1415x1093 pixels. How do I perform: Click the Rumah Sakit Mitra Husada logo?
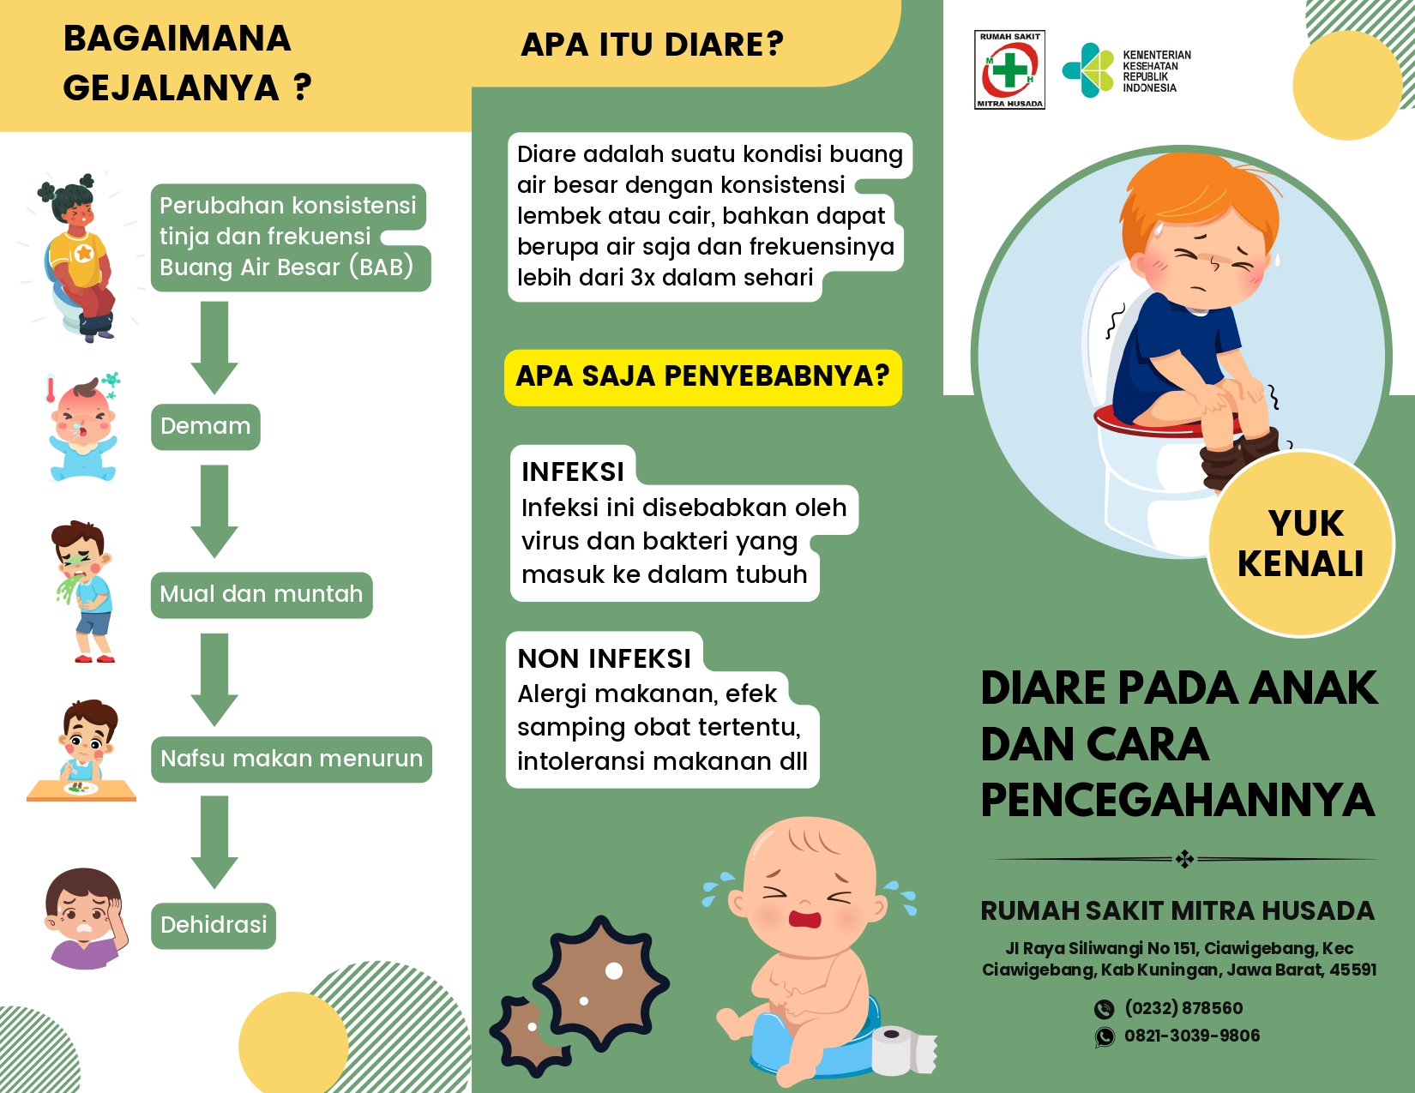pos(1009,69)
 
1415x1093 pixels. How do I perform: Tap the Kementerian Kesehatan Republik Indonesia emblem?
pos(1088,70)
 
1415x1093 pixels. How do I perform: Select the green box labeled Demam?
pos(206,426)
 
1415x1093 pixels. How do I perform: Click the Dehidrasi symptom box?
pos(214,925)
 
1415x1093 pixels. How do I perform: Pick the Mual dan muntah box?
pos(261,594)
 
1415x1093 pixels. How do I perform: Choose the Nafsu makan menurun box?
pos(291,759)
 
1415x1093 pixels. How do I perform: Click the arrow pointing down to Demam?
pos(214,348)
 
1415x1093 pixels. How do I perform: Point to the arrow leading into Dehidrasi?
pos(214,842)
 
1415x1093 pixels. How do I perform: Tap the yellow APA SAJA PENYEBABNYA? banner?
pos(702,377)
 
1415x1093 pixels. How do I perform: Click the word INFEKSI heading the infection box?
pos(572,472)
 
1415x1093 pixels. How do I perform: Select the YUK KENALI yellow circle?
pos(1301,543)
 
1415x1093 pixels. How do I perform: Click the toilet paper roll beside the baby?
pos(903,1051)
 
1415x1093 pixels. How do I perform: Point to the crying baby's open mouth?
pos(806,918)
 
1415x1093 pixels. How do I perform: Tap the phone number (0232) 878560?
pos(1183,1008)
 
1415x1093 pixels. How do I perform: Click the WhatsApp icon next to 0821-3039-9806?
pos(1105,1036)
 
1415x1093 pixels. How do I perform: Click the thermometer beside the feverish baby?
pos(50,388)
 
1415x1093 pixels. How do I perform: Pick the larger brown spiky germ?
pos(600,983)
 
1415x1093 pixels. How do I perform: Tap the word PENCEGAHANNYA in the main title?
pos(1177,800)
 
